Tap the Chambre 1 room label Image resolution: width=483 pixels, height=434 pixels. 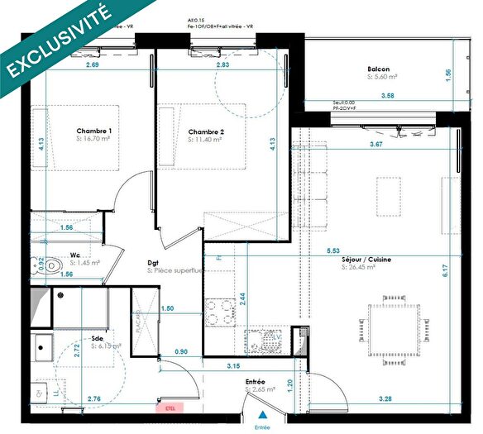pos(93,131)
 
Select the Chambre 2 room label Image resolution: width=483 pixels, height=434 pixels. pos(206,132)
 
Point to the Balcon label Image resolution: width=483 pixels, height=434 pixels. pos(379,69)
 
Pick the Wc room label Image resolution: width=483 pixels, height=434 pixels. pos(74,255)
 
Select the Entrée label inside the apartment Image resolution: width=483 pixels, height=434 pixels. pos(256,381)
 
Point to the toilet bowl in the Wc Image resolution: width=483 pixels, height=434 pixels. pos(52,265)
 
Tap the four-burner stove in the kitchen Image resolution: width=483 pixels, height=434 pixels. pos(217,312)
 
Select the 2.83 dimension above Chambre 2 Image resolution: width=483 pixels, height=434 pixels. pos(222,64)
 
